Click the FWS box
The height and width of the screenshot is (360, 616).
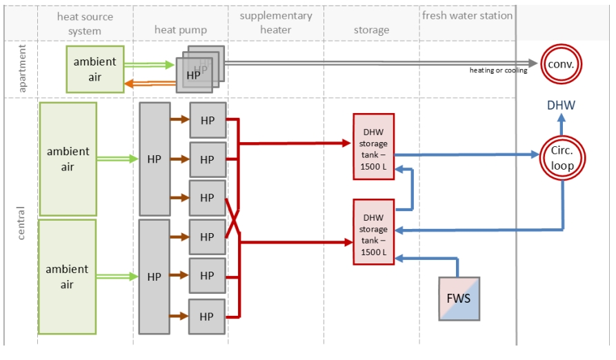(459, 299)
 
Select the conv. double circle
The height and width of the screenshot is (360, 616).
(561, 64)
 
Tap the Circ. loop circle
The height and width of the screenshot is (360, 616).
(562, 157)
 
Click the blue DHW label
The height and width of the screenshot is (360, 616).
(561, 106)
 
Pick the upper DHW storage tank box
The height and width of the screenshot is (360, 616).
(373, 146)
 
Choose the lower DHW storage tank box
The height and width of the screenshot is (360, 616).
(373, 232)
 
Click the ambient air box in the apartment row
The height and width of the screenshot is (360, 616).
(95, 69)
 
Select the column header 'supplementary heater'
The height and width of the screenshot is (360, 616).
(276, 23)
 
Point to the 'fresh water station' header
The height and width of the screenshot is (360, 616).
(467, 15)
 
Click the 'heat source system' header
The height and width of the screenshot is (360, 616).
(85, 23)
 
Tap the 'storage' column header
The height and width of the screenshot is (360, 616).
(371, 30)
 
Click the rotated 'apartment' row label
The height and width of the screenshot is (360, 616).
(22, 68)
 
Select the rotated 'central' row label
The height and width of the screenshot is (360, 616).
(22, 222)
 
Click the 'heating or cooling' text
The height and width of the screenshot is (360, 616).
(498, 70)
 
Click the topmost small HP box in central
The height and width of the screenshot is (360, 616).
(207, 120)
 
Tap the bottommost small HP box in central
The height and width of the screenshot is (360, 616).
(207, 317)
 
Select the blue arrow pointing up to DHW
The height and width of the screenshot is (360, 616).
(561, 126)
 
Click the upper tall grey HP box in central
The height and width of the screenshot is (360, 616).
(155, 159)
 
